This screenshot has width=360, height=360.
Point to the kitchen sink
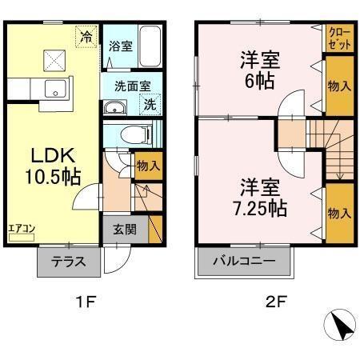tap(54, 90)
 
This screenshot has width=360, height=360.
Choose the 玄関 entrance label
tap(124, 230)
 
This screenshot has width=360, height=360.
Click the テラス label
tap(69, 261)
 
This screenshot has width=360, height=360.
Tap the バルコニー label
tap(245, 261)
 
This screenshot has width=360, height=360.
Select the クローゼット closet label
tap(337, 38)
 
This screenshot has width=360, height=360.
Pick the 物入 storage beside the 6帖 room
tap(338, 86)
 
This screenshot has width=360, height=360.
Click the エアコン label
tap(21, 228)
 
